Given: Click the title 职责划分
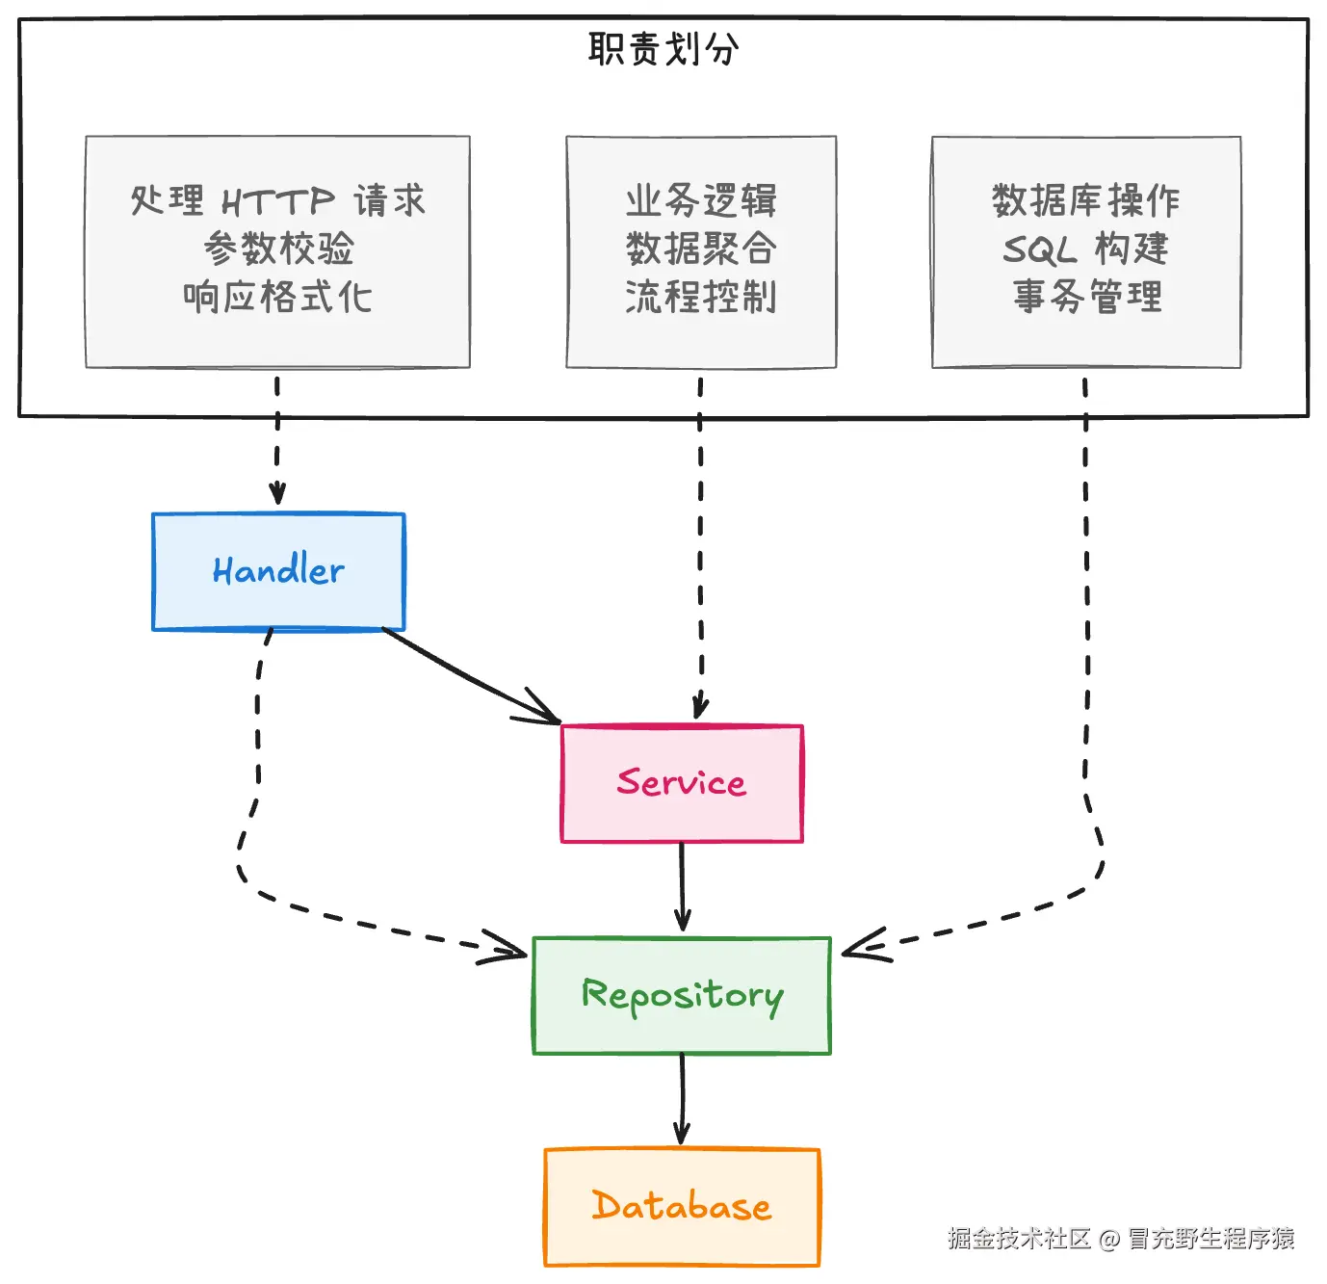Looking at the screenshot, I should tap(663, 48).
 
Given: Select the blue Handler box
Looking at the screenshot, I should tap(278, 571).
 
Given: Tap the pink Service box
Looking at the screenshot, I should tap(682, 783).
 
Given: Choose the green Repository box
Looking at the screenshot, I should tap(682, 995).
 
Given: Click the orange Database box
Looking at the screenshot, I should tap(682, 1206).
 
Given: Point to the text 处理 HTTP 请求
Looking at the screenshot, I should tap(277, 200).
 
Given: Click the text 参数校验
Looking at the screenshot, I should tap(278, 249).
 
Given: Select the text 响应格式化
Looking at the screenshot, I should tap(277, 297).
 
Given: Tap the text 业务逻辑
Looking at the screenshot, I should tap(701, 200).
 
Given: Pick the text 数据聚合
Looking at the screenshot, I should tap(701, 249).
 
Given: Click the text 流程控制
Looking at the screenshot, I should tap(701, 297).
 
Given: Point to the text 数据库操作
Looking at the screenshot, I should tap(1086, 200).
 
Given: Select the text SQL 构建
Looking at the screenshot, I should tap(1086, 249).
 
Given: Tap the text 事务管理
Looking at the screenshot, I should tap(1086, 297).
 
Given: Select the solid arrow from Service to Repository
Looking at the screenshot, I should tap(682, 886).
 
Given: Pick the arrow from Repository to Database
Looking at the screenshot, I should tap(682, 1098).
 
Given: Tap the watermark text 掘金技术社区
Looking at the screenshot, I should tap(1018, 1238).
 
